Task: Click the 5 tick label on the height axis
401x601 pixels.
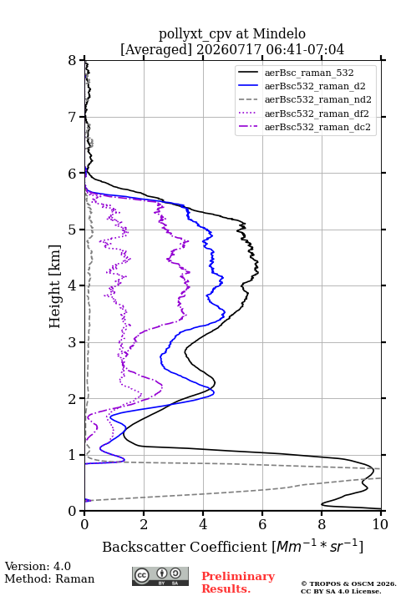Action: click(73, 230)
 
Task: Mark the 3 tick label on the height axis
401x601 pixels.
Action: click(73, 342)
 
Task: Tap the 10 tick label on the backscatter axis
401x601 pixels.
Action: click(380, 524)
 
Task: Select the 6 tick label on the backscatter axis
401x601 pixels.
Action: click(262, 524)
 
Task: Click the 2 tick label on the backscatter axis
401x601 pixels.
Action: click(144, 524)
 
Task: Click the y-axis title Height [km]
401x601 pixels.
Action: click(55, 286)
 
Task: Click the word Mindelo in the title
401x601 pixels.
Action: click(279, 33)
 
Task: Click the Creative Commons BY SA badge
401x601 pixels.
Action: click(160, 576)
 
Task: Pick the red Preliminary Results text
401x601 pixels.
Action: click(238, 583)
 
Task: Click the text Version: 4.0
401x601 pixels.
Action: click(38, 566)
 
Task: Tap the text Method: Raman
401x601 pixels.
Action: click(49, 578)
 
